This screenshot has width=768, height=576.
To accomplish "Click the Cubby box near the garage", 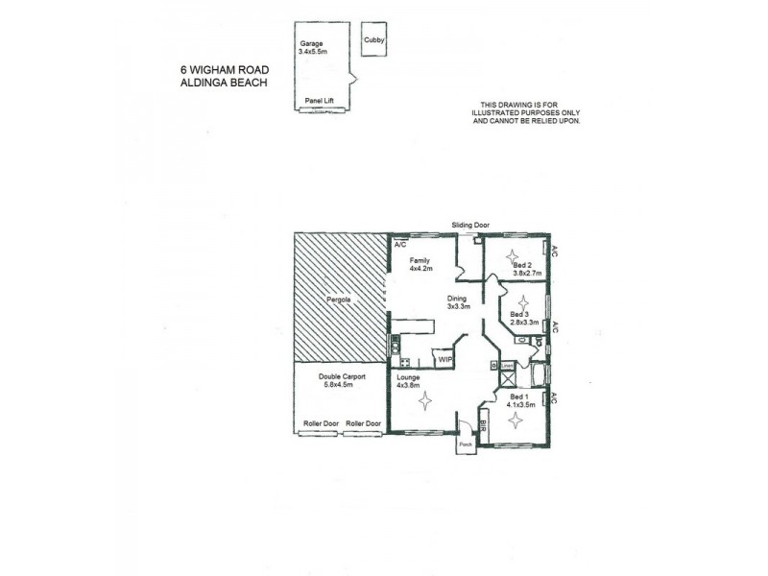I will click(372, 41).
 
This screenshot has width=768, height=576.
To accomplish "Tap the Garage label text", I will click(310, 43).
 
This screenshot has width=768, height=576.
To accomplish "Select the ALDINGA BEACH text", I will click(223, 83).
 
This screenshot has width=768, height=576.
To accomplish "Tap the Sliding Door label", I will click(470, 226).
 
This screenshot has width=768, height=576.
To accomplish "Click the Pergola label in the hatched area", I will click(339, 300).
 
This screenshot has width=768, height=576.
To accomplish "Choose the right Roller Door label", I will click(363, 423).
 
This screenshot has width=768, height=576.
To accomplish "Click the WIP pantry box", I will click(444, 360).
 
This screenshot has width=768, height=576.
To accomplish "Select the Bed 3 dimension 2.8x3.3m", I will click(525, 323).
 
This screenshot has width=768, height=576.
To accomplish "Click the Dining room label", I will click(457, 299).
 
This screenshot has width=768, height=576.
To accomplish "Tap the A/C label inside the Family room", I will click(400, 245).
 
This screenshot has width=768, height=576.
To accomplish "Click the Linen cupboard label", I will click(507, 366).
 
